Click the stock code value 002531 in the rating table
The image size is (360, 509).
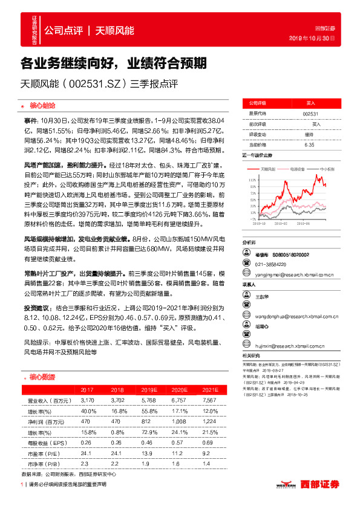click(x=310, y=113)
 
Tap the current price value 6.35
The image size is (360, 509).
click(x=310, y=144)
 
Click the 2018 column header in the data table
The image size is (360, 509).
click(x=117, y=389)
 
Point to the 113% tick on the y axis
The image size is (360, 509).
click(x=250, y=180)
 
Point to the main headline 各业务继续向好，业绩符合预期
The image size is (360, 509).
click(x=114, y=62)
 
